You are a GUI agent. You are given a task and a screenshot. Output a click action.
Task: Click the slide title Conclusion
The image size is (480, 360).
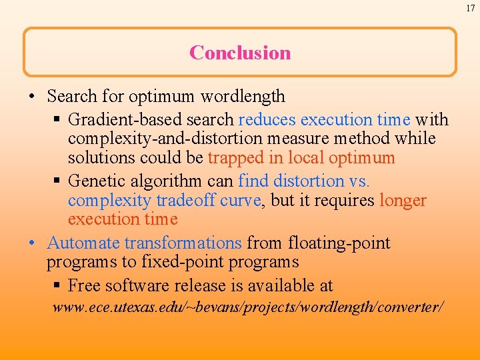point(240,53)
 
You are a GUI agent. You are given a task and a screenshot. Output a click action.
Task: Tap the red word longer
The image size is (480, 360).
point(403,201)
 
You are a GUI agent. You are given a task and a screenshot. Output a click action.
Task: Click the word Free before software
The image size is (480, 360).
point(83,286)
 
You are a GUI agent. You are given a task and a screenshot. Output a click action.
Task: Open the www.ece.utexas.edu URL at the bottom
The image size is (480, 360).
point(248,307)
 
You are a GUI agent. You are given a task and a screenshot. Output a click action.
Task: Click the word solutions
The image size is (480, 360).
point(101,158)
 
